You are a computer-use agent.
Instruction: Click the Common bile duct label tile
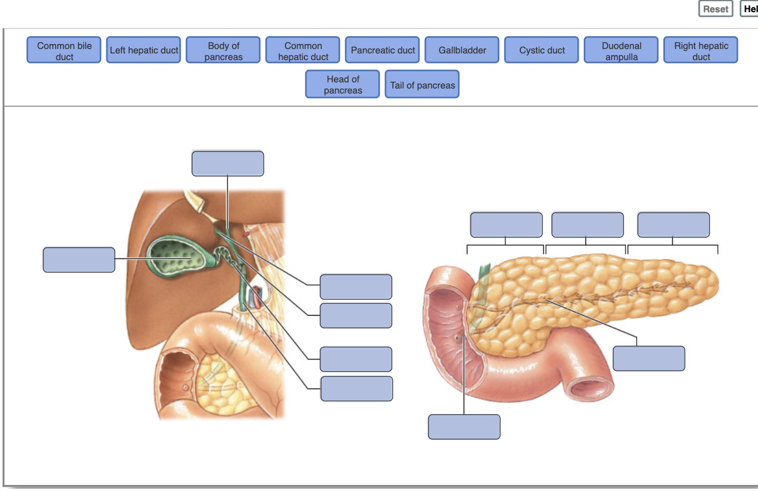tap(64, 50)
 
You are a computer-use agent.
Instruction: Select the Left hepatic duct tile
tap(144, 50)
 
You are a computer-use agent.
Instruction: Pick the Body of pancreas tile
tap(223, 50)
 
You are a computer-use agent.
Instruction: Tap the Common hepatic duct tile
tap(303, 50)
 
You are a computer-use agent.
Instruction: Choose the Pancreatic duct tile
tap(382, 50)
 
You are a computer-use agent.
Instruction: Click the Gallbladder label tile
tap(462, 50)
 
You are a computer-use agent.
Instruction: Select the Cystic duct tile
tap(542, 50)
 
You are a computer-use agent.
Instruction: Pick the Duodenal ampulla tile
tap(621, 50)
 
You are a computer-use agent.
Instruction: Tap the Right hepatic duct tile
tap(701, 50)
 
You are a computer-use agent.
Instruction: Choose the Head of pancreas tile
tap(343, 84)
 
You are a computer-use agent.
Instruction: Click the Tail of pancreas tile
tap(422, 84)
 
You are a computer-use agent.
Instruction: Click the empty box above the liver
tap(228, 164)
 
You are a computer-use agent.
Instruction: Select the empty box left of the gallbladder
tap(79, 260)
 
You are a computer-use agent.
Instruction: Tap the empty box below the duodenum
tap(464, 427)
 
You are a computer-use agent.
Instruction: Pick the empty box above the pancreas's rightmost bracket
tap(673, 225)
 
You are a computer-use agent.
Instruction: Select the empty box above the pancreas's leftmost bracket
tap(506, 225)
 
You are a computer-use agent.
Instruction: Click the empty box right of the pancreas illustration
tap(649, 359)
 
